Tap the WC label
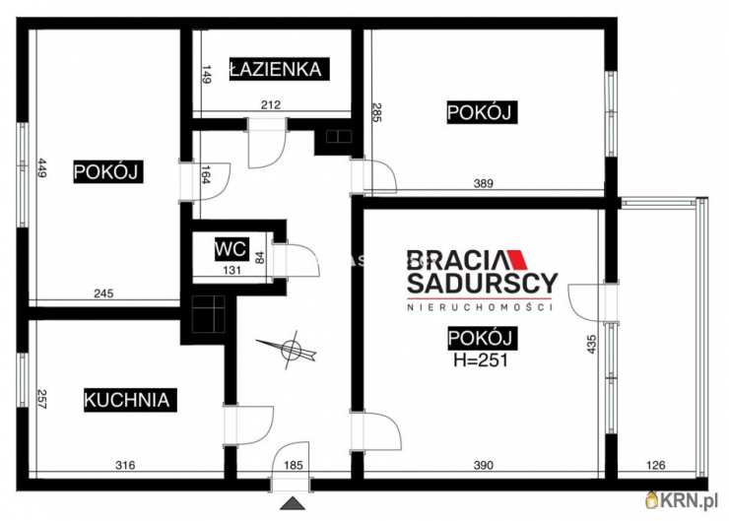point(232,248)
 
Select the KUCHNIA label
point(129,400)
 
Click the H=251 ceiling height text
point(480,359)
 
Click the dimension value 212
point(272,104)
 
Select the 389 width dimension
point(482,183)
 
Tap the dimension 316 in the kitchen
point(123,466)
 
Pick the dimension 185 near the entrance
point(295,466)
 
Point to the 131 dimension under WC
point(232,271)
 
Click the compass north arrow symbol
point(289,349)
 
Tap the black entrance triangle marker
point(293,504)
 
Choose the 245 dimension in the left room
point(105,292)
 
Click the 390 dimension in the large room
point(483,466)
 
